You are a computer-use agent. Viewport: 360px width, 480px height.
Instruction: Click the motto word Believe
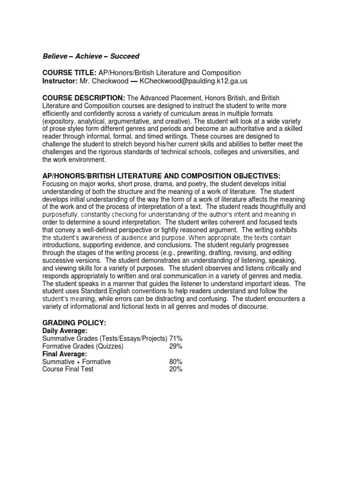point(54,56)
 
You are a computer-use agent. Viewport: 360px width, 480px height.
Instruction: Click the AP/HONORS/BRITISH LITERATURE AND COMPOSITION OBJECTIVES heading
point(161,176)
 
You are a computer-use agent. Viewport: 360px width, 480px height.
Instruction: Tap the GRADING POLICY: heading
point(75,323)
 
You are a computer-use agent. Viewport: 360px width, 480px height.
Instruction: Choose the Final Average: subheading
point(64,354)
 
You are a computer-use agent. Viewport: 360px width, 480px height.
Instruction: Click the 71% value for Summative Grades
point(176,338)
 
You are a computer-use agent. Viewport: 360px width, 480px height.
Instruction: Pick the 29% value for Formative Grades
point(176,346)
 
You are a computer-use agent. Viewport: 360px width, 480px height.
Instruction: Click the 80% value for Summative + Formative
point(176,362)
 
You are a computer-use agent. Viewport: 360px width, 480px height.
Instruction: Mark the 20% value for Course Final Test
point(176,369)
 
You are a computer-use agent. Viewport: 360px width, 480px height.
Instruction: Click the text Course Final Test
point(68,369)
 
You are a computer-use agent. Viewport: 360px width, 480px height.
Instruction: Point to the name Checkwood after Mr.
point(108,81)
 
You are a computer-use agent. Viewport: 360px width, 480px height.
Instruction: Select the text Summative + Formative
point(76,362)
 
